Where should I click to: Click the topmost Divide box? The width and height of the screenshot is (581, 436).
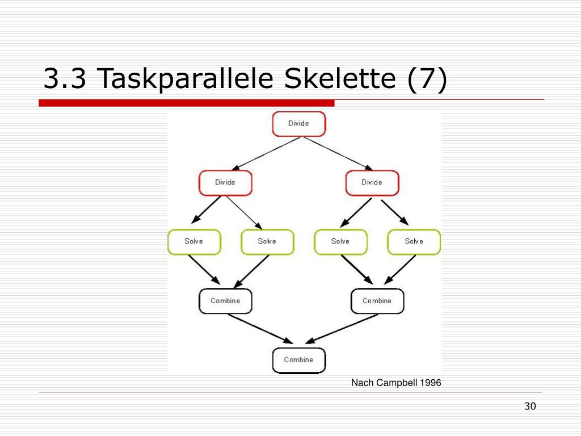coord(299,124)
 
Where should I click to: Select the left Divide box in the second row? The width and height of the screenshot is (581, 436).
coord(225,183)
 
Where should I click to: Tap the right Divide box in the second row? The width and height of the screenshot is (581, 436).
coord(372,183)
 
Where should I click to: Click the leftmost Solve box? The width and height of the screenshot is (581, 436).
coord(194,242)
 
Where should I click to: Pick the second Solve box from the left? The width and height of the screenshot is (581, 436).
coord(268,242)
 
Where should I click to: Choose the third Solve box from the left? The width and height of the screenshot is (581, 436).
coord(341,242)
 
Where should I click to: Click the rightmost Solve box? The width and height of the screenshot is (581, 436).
coord(414,242)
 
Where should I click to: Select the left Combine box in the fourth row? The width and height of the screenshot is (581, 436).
coord(225,301)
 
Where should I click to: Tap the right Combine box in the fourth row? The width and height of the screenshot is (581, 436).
coord(377,301)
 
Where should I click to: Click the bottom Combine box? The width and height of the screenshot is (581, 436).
coord(299,360)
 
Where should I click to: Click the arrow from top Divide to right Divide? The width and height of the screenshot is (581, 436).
coord(338,154)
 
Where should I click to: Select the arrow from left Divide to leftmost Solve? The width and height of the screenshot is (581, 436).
coord(206,210)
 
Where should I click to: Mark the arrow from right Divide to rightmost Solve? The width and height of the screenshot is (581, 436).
coord(395,212)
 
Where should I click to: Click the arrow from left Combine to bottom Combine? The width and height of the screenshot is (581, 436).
coord(260,329)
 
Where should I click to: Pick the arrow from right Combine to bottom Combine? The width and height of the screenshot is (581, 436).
coord(342,329)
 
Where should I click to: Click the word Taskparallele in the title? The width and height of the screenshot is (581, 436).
coord(186,79)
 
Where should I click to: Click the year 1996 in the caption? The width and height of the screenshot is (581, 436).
coord(431,383)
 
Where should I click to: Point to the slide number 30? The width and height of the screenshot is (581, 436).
coord(531,406)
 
